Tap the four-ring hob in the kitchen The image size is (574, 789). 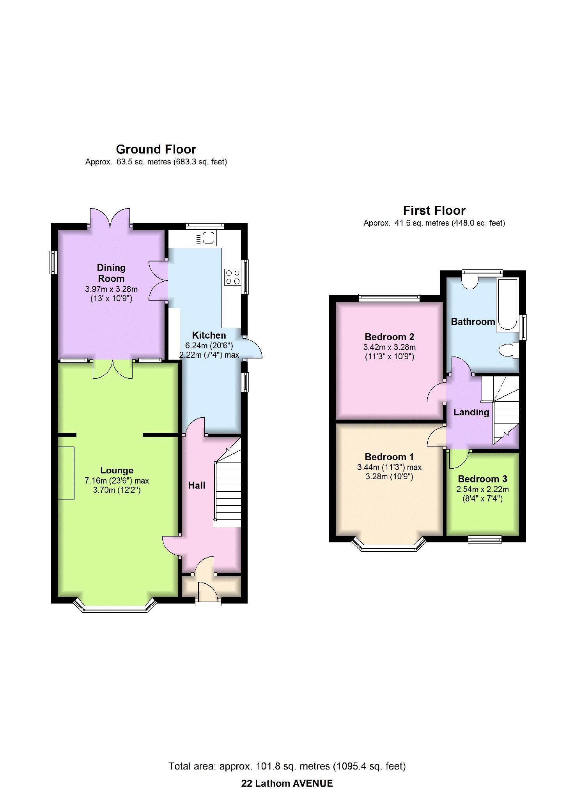point(232,277)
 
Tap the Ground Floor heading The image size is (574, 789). point(156,149)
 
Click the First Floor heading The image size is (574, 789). point(434,211)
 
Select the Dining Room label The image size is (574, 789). point(111,273)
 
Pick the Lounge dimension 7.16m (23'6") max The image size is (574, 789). point(117,481)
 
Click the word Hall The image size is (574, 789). point(197,485)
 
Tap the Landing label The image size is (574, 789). point(471,412)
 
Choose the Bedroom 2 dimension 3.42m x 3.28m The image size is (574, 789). point(390,347)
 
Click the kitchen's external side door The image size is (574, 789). point(252,347)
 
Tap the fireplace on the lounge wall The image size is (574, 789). point(66,473)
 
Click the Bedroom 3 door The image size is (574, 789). point(459,459)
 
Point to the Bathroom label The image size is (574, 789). point(473,321)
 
